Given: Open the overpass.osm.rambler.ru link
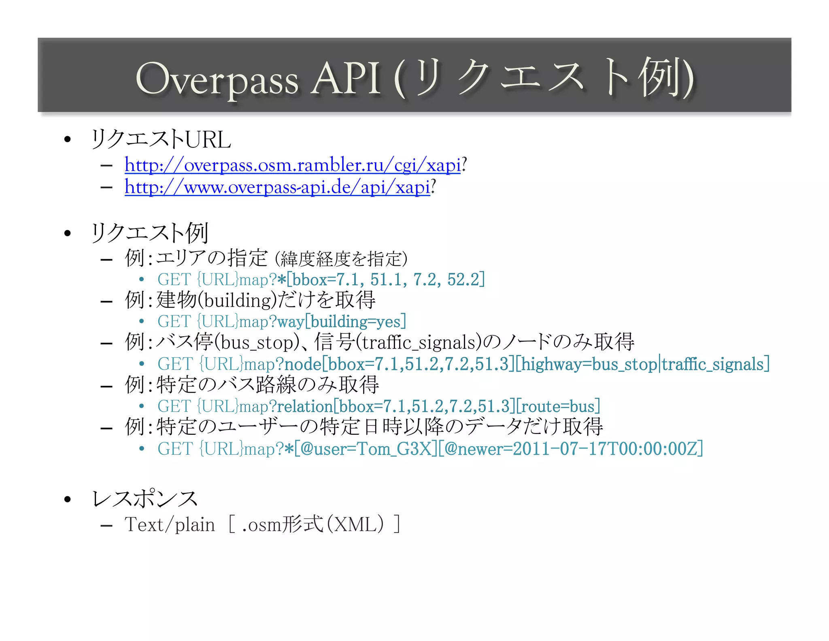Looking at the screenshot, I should (x=292, y=165).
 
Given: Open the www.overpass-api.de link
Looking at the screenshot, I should (x=277, y=187).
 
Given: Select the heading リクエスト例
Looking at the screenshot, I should (x=150, y=233).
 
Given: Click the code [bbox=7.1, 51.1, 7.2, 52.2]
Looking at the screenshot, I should (x=385, y=280).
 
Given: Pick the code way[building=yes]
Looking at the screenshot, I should (x=341, y=322).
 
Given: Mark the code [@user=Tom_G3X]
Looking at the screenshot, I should (x=366, y=449).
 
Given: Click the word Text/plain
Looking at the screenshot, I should (x=170, y=525).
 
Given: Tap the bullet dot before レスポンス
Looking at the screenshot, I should (x=68, y=499).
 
